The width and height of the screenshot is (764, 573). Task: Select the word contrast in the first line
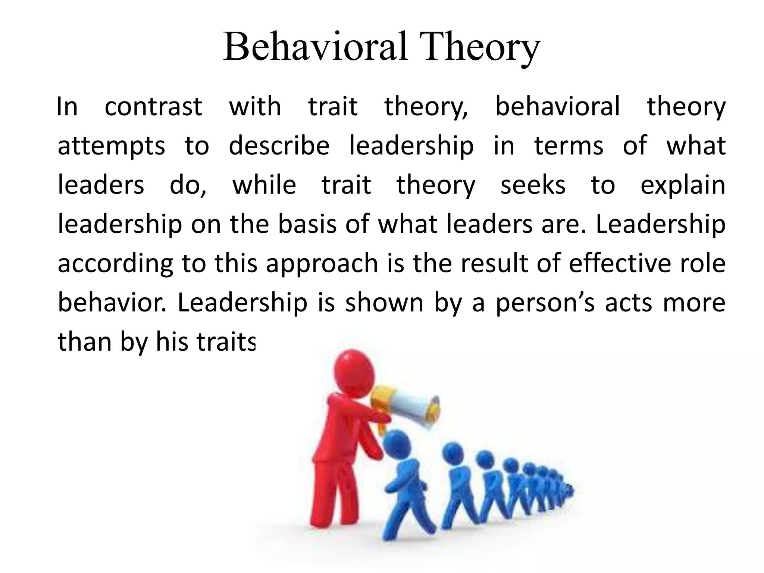point(153,107)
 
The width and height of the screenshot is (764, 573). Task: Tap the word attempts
point(111,146)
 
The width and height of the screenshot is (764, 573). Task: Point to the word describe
point(279,145)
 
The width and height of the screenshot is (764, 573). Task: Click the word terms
point(569,145)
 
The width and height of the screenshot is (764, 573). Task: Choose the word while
point(264,185)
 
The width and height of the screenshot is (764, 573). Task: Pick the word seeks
point(533,185)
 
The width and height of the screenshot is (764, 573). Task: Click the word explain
point(683,186)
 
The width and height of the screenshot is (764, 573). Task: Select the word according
point(116,264)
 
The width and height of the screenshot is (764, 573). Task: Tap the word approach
point(322,264)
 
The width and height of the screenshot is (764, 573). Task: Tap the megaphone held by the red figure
point(407,407)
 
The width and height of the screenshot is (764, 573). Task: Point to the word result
point(495,263)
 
